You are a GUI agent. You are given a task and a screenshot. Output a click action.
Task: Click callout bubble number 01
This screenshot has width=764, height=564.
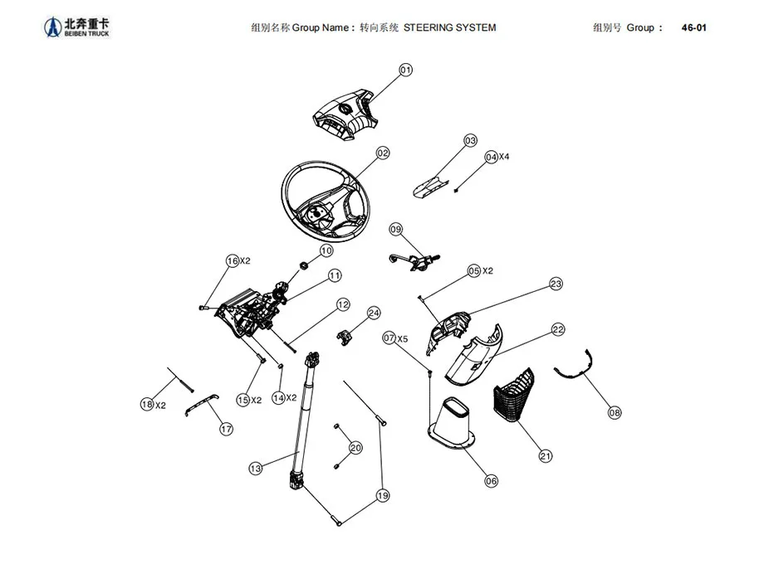[x=405, y=70]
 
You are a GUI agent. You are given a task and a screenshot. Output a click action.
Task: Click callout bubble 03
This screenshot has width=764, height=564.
[x=470, y=140]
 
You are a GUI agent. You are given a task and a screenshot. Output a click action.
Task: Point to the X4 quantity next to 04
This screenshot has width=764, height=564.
[x=504, y=157]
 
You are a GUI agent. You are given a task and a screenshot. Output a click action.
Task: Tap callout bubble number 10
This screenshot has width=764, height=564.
[x=326, y=250]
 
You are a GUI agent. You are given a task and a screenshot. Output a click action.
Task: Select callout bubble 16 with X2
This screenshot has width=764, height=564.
[x=233, y=260]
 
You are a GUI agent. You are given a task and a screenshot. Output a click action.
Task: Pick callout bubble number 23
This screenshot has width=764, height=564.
[x=556, y=284]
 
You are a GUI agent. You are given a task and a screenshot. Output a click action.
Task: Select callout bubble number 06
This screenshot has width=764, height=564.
[x=490, y=481]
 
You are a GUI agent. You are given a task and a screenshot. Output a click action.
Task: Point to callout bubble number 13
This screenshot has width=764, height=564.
[x=256, y=469]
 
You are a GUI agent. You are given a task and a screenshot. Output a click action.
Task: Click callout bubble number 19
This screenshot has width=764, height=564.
[x=382, y=496]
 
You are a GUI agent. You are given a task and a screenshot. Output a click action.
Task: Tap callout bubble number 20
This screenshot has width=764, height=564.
[x=355, y=448]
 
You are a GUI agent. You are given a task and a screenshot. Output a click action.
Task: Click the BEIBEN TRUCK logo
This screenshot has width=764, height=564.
[x=76, y=27]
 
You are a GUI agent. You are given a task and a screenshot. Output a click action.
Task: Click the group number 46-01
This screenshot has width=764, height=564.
[x=693, y=27]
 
